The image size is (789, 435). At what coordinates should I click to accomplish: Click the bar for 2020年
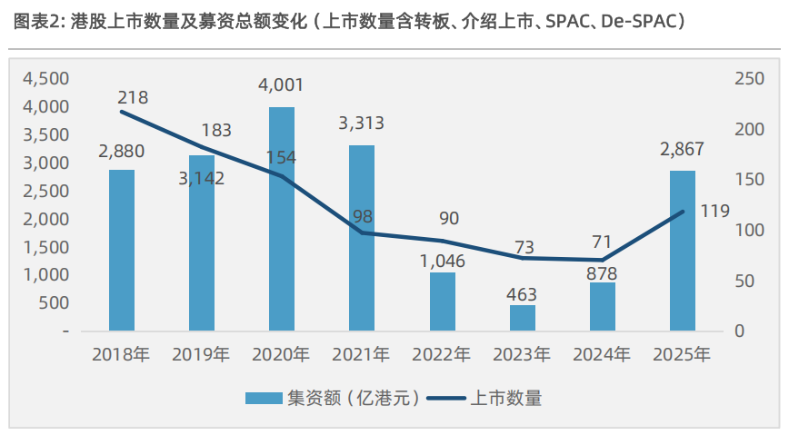[282, 219]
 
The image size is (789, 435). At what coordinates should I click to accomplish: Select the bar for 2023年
[523, 318]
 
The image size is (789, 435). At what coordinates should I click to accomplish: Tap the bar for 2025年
[683, 251]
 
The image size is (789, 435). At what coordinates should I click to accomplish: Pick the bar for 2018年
[122, 251]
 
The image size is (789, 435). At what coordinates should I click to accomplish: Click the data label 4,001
[282, 85]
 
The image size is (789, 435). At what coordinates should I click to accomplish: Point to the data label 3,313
[362, 124]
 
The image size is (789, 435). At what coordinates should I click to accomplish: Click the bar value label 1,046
[443, 261]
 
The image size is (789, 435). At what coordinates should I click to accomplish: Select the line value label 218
[133, 97]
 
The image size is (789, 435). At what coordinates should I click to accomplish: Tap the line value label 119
[715, 211]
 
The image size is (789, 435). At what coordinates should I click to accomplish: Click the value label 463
[523, 294]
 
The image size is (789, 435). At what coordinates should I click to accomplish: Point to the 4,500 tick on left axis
[45, 79]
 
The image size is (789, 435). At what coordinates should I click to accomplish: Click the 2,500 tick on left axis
[45, 191]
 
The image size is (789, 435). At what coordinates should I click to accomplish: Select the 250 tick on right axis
[747, 79]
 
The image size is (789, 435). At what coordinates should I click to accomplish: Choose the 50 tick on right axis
[743, 282]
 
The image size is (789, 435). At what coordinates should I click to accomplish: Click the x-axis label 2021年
[362, 354]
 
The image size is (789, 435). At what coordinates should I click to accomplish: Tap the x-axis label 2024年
[602, 354]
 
